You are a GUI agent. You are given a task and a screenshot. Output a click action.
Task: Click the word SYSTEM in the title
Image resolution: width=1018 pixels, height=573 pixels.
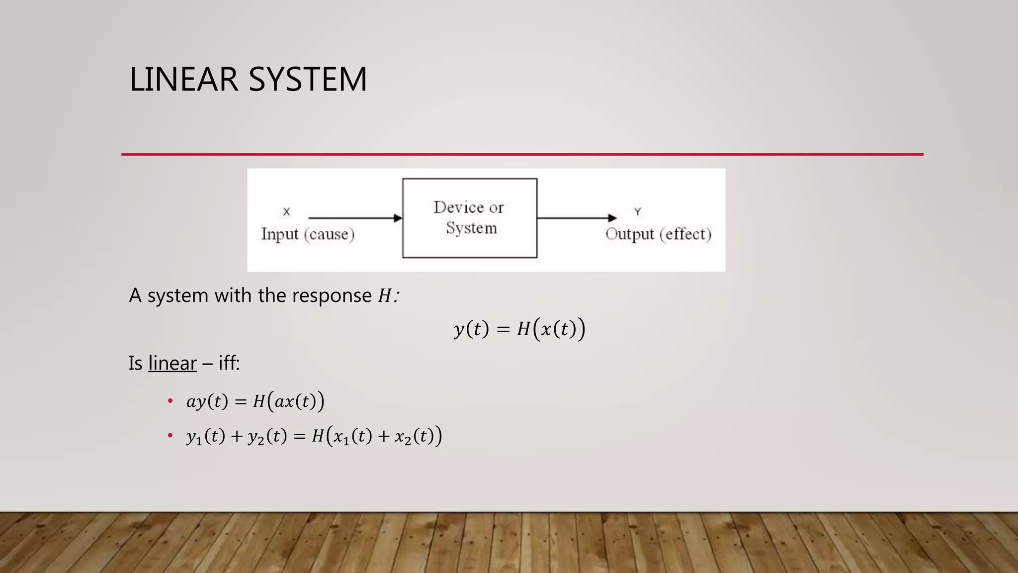(x=307, y=80)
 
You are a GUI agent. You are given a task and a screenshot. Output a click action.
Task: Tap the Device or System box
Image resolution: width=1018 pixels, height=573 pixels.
(x=469, y=218)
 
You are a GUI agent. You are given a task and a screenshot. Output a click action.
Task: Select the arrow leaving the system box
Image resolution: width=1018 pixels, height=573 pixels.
(x=576, y=218)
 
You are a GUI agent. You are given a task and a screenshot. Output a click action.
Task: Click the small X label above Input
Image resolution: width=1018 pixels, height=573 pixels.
(x=286, y=212)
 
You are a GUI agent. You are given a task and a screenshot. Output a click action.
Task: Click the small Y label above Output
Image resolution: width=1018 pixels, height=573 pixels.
(x=638, y=212)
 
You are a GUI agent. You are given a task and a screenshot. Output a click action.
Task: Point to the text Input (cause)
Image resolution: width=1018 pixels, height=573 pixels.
(x=308, y=234)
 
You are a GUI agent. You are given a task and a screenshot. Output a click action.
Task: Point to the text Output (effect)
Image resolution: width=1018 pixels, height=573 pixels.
(x=658, y=234)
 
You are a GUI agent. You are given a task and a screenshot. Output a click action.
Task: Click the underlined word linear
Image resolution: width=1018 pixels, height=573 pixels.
(x=172, y=364)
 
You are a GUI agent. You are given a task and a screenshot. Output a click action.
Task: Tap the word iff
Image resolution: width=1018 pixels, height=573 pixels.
(x=228, y=364)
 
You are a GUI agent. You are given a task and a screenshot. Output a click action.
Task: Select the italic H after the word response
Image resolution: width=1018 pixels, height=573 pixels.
(x=384, y=296)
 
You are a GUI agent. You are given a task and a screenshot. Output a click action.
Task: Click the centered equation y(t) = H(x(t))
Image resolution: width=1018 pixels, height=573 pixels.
(x=519, y=329)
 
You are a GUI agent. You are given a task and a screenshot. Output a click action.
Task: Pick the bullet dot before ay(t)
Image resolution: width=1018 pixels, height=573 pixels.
(x=170, y=401)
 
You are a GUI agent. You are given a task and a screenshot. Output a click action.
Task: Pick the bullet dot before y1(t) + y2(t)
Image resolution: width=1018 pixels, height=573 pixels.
(x=170, y=436)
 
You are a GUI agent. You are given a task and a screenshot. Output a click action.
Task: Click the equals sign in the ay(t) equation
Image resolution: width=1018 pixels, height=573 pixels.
(x=241, y=402)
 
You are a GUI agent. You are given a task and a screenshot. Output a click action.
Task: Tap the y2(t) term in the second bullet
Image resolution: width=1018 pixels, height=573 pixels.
(x=267, y=437)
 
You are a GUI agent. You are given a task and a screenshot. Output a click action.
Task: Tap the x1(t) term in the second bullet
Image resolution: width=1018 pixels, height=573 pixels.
(x=352, y=437)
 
